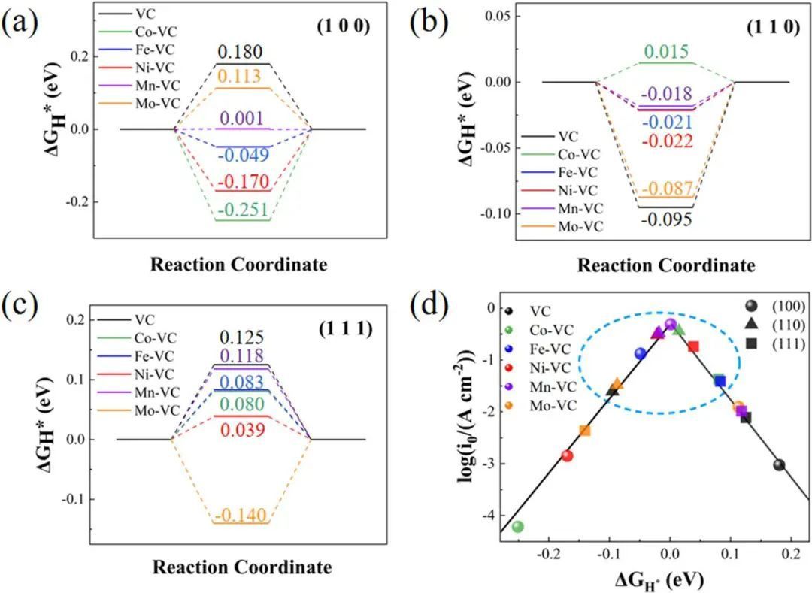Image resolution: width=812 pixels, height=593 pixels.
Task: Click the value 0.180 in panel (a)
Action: [241, 53]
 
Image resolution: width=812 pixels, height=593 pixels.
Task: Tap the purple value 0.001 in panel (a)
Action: [241, 118]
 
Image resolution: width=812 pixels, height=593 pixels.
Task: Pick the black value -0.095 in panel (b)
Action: [665, 219]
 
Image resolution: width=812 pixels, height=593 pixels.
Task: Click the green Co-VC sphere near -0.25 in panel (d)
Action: [517, 526]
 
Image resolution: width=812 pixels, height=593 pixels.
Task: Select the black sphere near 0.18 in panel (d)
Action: [779, 465]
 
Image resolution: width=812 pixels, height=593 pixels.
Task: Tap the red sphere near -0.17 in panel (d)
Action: [567, 455]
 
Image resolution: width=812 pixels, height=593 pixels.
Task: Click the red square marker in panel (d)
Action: [693, 346]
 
